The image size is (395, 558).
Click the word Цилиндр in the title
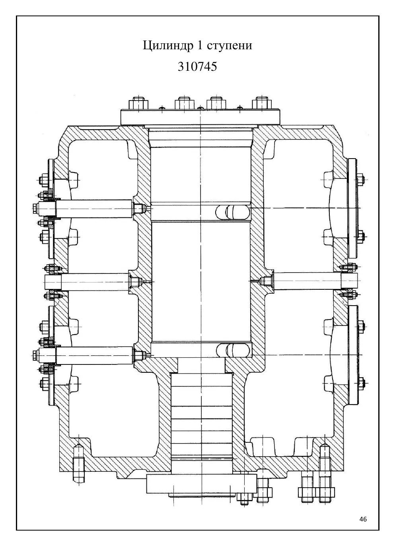(168, 46)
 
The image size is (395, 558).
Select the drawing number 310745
(197, 66)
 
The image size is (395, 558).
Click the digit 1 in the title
(200, 45)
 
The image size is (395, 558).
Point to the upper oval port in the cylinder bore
(233, 212)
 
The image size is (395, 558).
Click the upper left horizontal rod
(94, 208)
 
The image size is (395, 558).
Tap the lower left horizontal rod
(94, 355)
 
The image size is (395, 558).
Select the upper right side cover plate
(352, 208)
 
